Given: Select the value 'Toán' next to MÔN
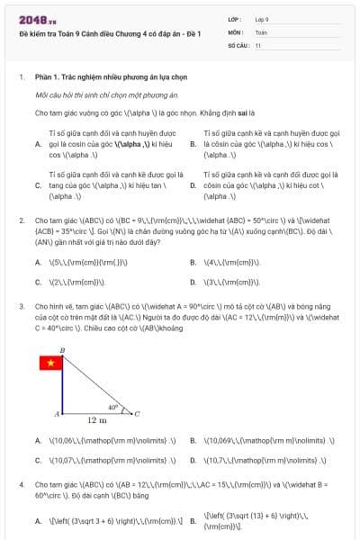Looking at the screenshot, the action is (261, 31).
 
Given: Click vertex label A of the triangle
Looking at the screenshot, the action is (56, 414).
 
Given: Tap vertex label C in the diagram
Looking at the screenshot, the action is (137, 414).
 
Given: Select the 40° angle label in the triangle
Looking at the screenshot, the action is (112, 407).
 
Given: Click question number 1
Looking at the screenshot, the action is (22, 77).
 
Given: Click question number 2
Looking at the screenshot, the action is (22, 220).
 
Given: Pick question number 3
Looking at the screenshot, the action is (22, 306).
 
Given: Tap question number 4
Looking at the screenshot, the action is (22, 484).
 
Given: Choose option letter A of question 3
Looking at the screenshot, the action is (38, 441).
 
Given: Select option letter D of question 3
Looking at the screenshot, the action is (193, 460).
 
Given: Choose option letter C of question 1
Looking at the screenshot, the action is (38, 184).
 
